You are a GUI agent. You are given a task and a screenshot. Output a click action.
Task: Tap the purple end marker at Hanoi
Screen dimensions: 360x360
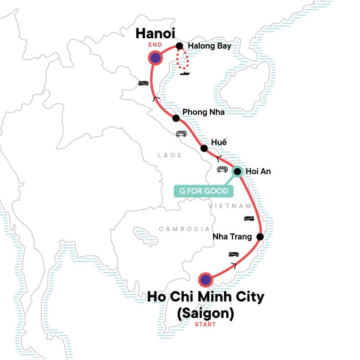click(156, 58)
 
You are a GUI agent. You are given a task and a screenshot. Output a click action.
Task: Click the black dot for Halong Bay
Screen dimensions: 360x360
click(179, 45)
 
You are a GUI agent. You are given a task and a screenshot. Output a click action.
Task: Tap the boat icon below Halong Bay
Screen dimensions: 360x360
click(184, 73)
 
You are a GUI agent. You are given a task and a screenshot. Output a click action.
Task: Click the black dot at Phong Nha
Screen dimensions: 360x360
click(176, 118)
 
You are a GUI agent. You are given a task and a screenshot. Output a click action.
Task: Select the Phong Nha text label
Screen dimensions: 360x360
click(203, 112)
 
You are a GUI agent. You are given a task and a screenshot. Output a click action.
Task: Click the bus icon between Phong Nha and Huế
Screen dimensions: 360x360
click(181, 134)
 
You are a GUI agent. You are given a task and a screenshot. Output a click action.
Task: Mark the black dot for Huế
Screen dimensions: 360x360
click(204, 148)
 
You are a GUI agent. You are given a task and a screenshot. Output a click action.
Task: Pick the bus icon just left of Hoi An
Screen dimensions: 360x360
click(222, 169)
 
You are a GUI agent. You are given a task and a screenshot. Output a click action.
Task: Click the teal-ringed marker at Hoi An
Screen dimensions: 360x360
click(238, 171)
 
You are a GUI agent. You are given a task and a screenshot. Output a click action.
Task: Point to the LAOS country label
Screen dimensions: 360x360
click(169, 155)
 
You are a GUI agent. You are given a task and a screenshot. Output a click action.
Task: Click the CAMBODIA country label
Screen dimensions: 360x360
click(184, 229)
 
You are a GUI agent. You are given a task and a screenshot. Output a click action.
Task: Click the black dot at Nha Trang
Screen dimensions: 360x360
click(260, 237)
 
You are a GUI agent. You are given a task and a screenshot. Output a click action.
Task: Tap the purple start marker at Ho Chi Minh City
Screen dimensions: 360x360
click(206, 280)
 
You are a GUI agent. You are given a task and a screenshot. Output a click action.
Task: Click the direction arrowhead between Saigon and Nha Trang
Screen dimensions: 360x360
click(233, 265)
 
